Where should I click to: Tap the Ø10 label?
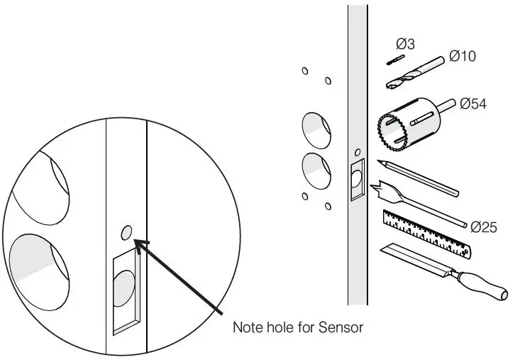click(x=463, y=56)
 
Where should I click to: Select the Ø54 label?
click(x=472, y=104)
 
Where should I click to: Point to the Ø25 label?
click(x=484, y=227)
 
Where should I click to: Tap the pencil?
click(x=419, y=177)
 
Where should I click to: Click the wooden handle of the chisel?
click(x=482, y=283)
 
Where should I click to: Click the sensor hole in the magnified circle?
click(x=126, y=231)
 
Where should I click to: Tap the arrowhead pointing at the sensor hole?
click(x=139, y=245)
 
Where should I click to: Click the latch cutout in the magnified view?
click(x=125, y=291)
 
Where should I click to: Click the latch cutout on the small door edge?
click(x=357, y=180)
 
